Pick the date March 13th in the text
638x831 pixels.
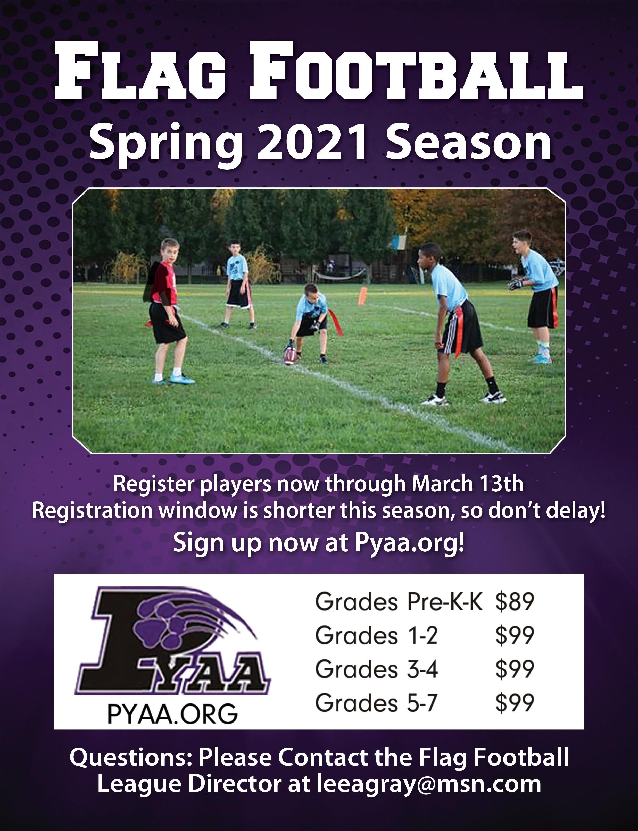468,484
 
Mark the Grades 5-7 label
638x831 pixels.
376,702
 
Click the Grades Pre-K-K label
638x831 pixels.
399,601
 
